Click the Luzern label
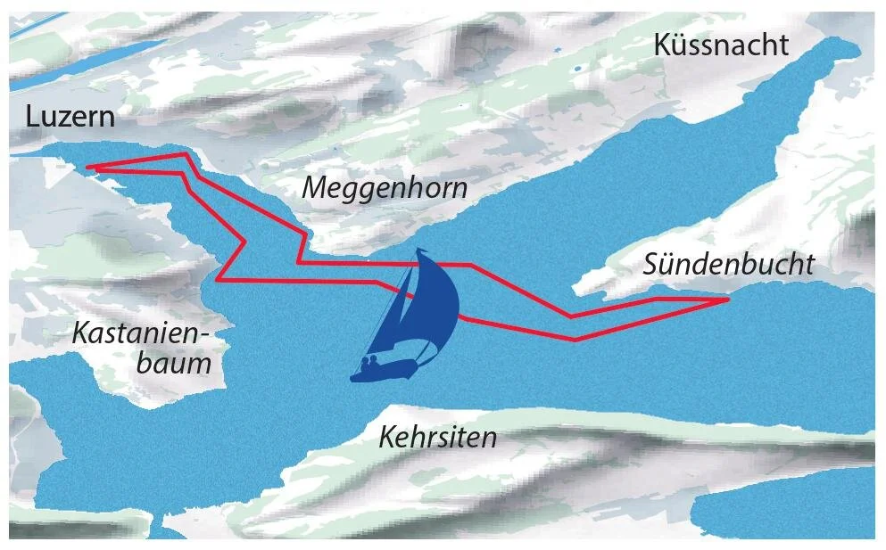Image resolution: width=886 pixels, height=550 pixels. point(70,116)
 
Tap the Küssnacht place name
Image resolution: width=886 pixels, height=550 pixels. point(721,45)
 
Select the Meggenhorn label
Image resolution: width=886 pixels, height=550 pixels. point(385,188)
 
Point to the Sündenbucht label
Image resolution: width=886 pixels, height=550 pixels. point(729,264)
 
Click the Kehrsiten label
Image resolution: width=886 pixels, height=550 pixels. point(437,438)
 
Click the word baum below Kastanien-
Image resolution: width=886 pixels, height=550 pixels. point(174,363)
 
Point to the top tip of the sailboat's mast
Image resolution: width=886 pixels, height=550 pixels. point(418,250)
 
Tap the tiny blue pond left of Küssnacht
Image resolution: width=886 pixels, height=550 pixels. point(576,67)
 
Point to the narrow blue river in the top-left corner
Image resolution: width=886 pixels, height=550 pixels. point(36,21)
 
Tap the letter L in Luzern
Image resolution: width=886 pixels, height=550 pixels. point(32,116)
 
